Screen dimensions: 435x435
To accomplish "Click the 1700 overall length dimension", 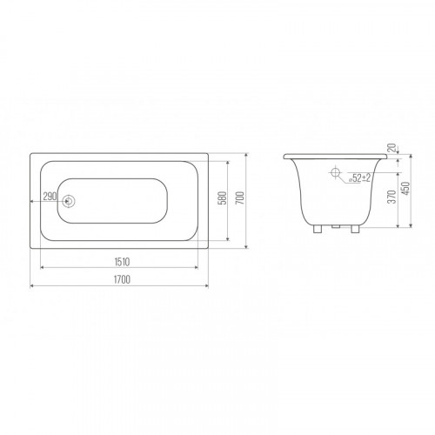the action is click(x=122, y=279).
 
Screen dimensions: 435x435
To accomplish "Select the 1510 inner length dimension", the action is click(x=122, y=262).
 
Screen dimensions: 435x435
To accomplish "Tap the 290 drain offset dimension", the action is click(x=50, y=197).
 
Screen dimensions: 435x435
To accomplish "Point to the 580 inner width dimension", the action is click(x=223, y=197).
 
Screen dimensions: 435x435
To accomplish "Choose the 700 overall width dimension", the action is click(x=240, y=197).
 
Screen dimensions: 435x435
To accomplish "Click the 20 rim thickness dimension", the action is click(x=391, y=148).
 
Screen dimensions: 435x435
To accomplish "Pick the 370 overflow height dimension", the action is click(x=391, y=197).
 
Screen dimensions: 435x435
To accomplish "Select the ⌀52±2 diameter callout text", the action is click(x=359, y=177).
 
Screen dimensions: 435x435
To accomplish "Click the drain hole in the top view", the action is click(x=69, y=201).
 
